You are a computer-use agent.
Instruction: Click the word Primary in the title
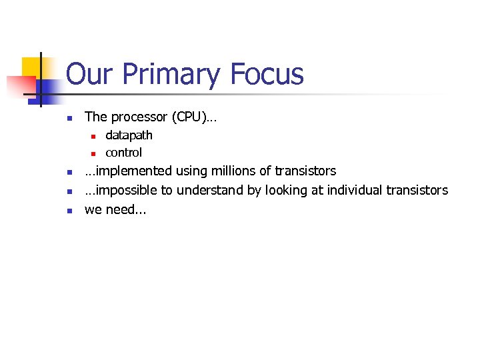pyautogui.click(x=170, y=75)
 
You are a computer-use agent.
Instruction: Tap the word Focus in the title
pyautogui.click(x=266, y=74)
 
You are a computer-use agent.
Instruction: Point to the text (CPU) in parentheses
pyautogui.click(x=194, y=117)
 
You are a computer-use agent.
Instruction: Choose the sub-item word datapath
pyautogui.click(x=129, y=135)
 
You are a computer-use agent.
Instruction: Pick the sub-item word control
pyautogui.click(x=123, y=153)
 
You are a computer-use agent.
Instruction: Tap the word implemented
pyautogui.click(x=128, y=171)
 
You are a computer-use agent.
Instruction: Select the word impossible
pyautogui.click(x=125, y=191)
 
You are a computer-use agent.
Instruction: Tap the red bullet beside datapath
pyautogui.click(x=94, y=136)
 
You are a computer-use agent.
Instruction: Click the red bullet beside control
pyautogui.click(x=94, y=153)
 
